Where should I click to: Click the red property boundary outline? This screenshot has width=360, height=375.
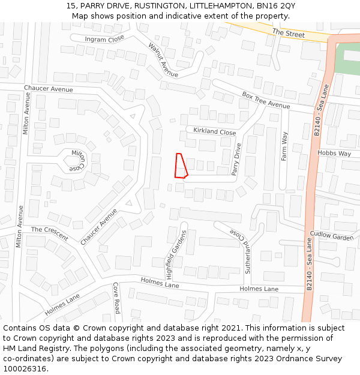pyautogui.click(x=181, y=166)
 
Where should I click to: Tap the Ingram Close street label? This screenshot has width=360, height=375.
pyautogui.click(x=104, y=40)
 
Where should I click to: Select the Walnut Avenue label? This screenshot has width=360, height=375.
pyautogui.click(x=163, y=60)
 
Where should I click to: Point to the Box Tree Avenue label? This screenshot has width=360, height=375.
pyautogui.click(x=266, y=100)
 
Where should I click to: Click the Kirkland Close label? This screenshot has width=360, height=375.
pyautogui.click(x=214, y=131)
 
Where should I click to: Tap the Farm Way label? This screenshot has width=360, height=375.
pyautogui.click(x=285, y=146)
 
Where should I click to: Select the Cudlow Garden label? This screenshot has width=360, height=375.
pyautogui.click(x=332, y=236)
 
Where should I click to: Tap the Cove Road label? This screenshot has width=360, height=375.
pyautogui.click(x=116, y=298)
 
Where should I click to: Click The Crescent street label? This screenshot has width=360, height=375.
pyautogui.click(x=50, y=232)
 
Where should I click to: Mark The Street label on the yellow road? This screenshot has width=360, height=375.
pyautogui.click(x=288, y=34)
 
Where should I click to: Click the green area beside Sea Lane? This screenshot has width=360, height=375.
pyautogui.click(x=347, y=59)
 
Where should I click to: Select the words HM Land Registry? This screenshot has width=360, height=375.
pyautogui.click(x=32, y=348)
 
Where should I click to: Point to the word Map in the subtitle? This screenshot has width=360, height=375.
pyautogui.click(x=80, y=16)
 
